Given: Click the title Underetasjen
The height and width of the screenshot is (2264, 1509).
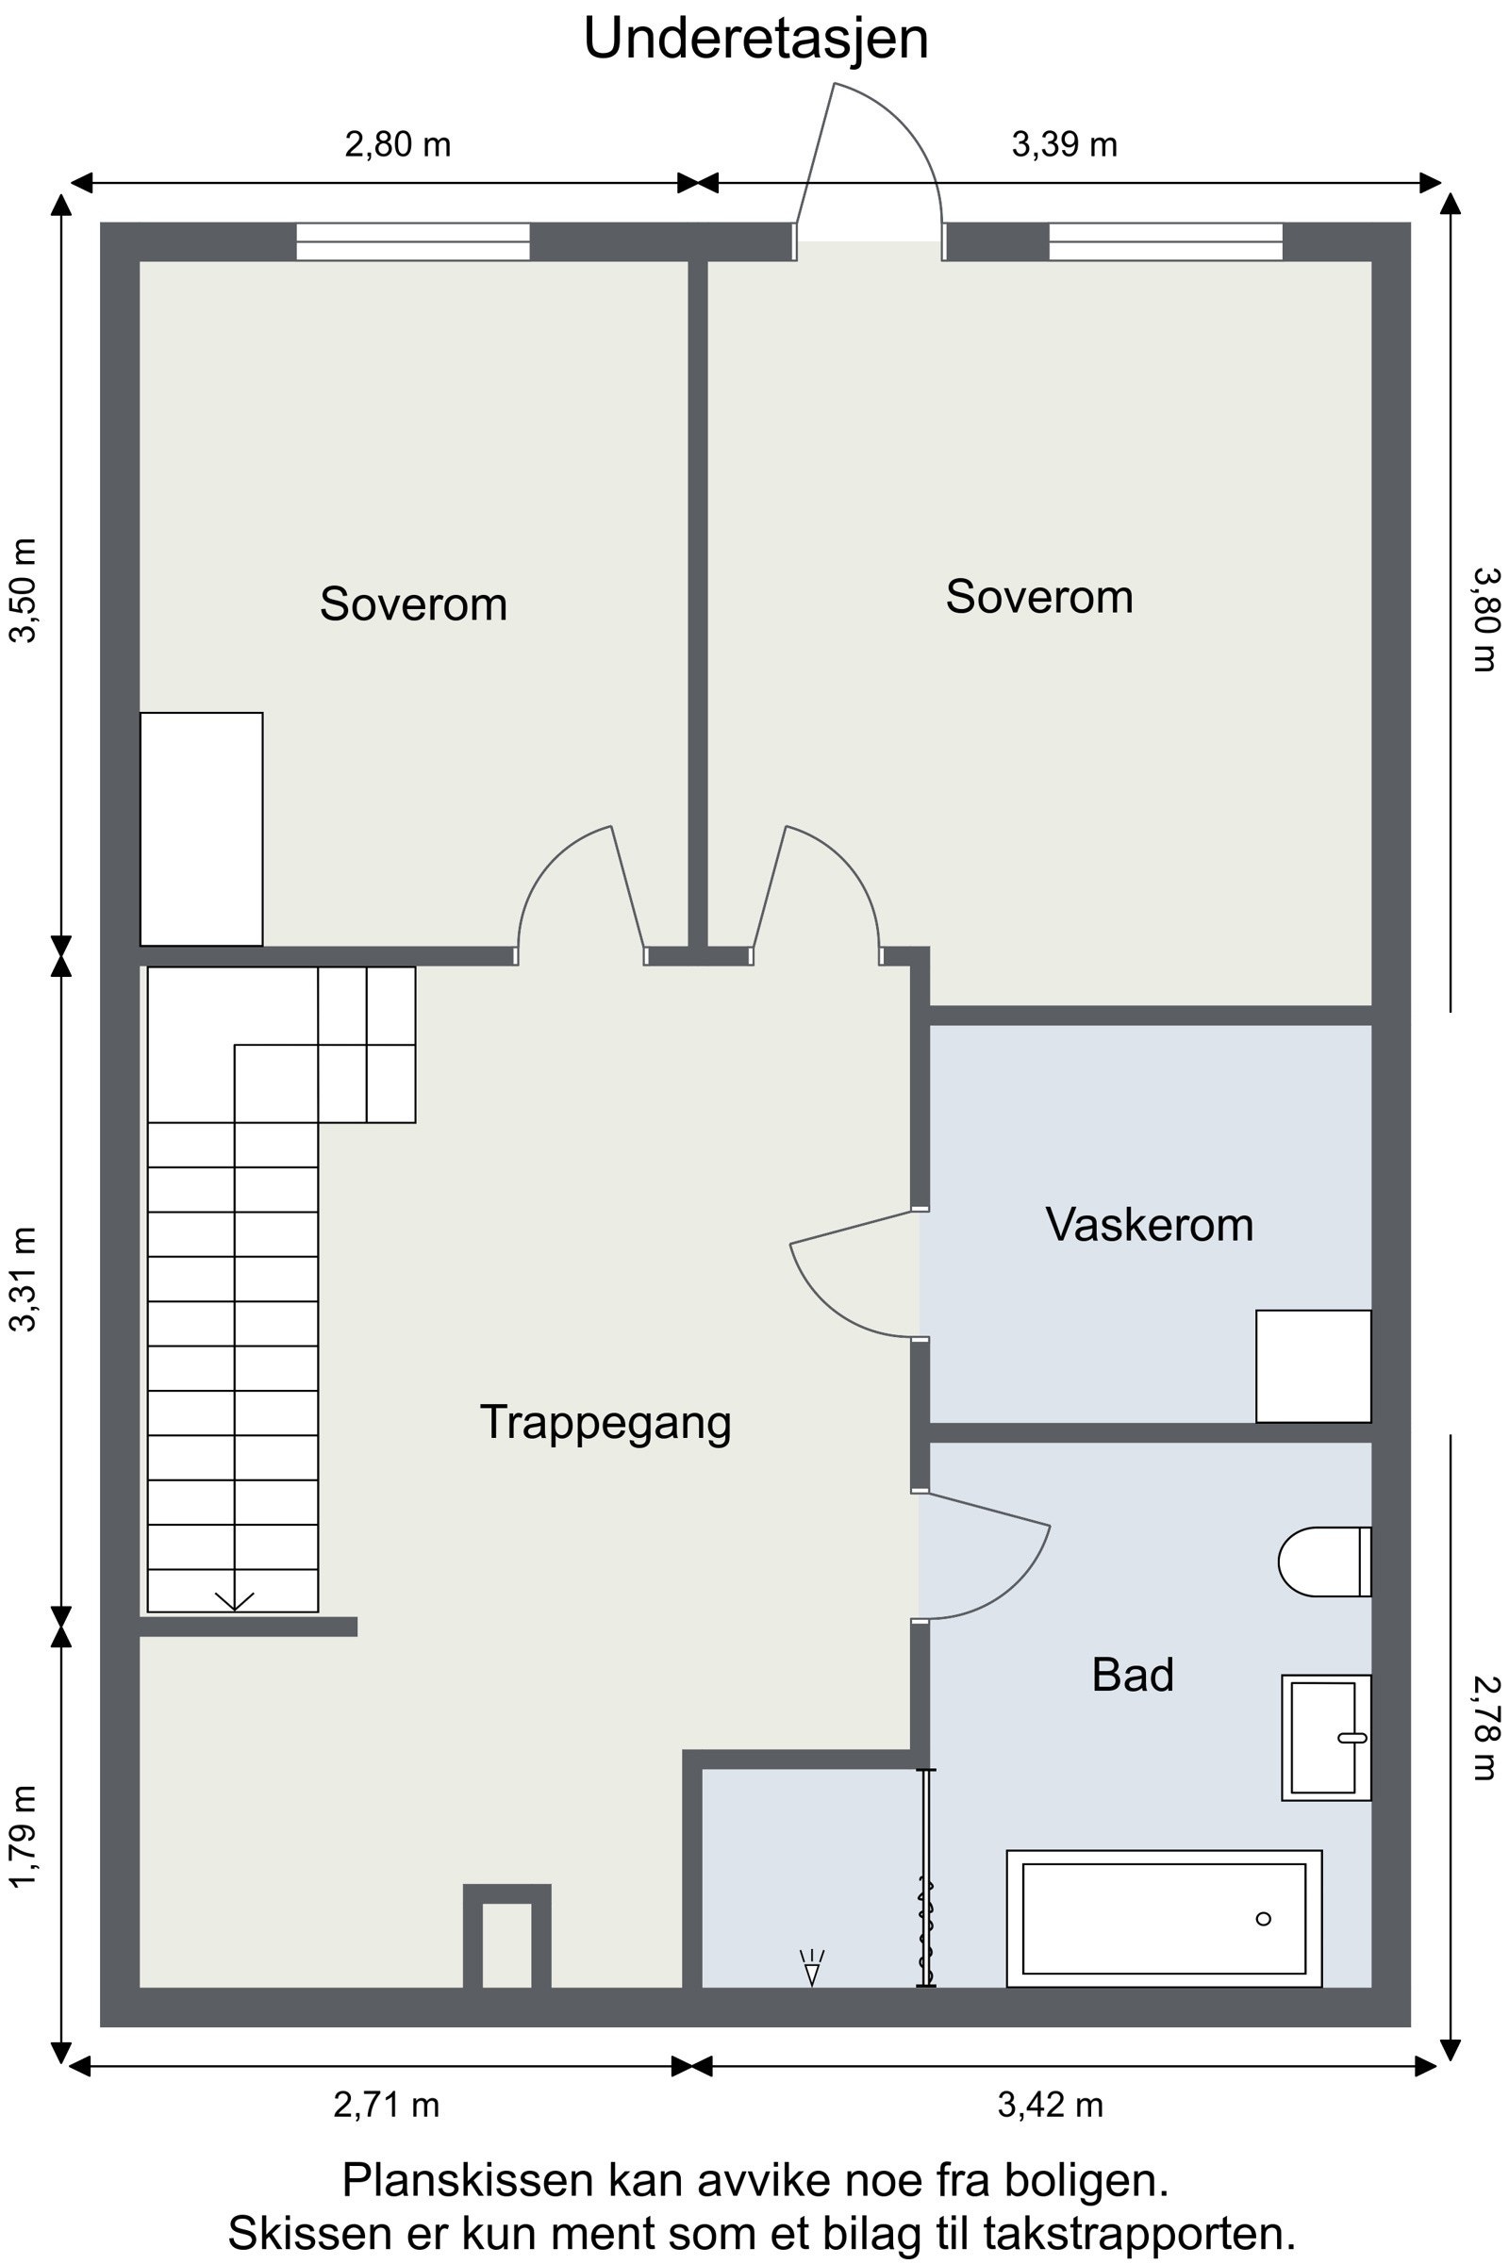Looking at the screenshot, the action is [756, 40].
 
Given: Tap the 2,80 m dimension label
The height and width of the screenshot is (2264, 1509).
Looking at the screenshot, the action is [397, 144].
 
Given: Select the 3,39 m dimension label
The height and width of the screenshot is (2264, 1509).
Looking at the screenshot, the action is [1065, 144].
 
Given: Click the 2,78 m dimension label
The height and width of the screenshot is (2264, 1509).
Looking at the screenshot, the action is [1487, 1728].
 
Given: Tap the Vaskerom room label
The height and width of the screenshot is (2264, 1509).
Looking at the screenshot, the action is [1149, 1225].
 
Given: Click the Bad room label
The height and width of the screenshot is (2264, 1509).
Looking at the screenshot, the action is [1133, 1676].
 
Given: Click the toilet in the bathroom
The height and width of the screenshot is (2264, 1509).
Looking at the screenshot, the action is [1324, 1562].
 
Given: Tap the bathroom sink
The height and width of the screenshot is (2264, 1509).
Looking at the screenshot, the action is [1326, 1738].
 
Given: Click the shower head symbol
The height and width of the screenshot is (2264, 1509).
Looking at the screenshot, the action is [811, 1967].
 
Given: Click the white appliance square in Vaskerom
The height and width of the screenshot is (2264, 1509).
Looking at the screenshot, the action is [1314, 1366].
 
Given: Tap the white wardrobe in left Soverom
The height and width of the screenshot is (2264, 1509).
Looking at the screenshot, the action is [201, 830].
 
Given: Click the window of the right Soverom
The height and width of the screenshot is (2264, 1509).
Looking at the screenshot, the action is [1166, 241].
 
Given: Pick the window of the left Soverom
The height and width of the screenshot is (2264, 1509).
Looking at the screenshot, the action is [413, 241].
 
